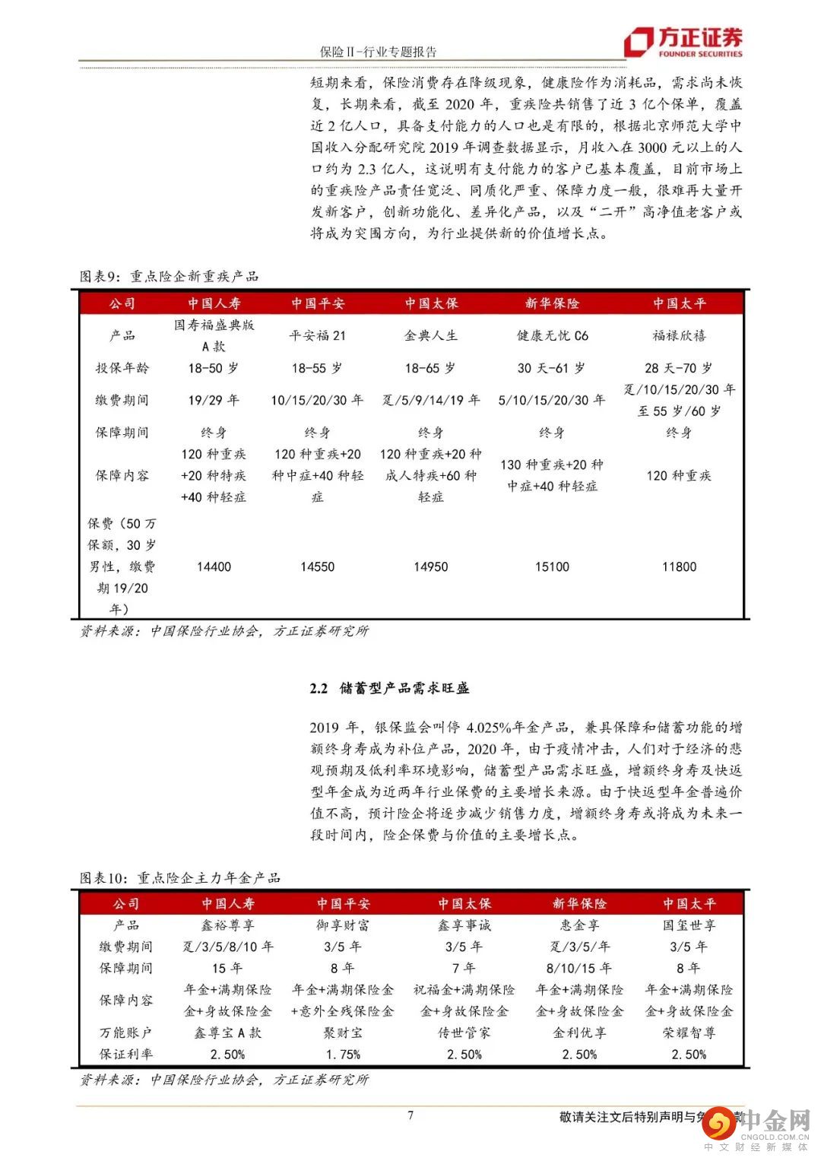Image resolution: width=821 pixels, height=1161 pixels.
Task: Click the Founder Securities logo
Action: tap(683, 42)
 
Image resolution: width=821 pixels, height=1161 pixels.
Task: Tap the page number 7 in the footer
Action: tap(410, 1115)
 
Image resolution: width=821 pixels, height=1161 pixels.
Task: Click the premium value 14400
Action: tap(214, 566)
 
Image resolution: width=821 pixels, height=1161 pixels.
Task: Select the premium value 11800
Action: tap(679, 566)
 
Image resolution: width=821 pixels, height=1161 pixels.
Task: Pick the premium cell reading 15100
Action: tap(552, 566)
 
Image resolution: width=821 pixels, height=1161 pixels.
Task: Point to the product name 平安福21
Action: tap(318, 335)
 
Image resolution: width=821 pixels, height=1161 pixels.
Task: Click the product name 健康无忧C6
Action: tap(553, 335)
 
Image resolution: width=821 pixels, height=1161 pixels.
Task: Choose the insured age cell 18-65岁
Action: tap(430, 368)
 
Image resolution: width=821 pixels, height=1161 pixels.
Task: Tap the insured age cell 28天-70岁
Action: tap(679, 368)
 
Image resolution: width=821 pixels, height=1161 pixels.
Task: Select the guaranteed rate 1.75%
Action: tap(343, 1055)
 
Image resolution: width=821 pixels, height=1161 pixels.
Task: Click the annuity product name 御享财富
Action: tap(343, 925)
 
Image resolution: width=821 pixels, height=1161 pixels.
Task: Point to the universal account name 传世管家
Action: tap(464, 1033)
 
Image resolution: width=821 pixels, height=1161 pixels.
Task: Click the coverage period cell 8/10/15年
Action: tap(579, 968)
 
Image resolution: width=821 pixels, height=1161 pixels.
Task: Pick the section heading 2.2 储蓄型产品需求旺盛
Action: tap(389, 688)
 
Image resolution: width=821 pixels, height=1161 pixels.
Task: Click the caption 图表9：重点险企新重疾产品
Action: tap(170, 276)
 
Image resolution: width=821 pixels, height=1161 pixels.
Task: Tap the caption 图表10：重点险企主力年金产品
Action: tap(180, 877)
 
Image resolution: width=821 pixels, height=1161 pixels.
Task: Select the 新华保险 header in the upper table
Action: tap(553, 303)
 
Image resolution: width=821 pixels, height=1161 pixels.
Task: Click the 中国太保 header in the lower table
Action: tap(464, 904)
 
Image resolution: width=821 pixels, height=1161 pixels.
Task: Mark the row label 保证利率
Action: tap(126, 1055)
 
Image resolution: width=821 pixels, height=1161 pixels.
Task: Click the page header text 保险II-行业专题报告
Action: tap(379, 52)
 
